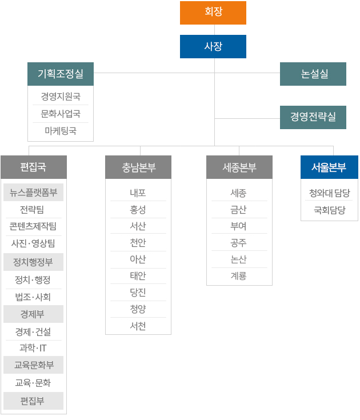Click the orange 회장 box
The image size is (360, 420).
pyautogui.click(x=213, y=13)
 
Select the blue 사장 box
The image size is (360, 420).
pyautogui.click(x=213, y=46)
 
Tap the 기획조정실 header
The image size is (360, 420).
pyautogui.click(x=61, y=74)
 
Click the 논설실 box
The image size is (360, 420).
pyautogui.click(x=313, y=74)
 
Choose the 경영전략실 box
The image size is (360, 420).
pyautogui.click(x=313, y=117)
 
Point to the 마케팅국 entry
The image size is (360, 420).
pyautogui.click(x=61, y=131)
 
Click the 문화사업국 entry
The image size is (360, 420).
pyautogui.click(x=61, y=114)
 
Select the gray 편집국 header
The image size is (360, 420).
pyautogui.click(x=34, y=167)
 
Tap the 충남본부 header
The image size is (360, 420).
pyautogui.click(x=138, y=167)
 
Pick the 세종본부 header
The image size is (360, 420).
pyautogui.click(x=239, y=167)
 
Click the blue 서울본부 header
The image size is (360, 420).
pyautogui.click(x=329, y=167)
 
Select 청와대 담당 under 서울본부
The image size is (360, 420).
pyautogui.click(x=329, y=193)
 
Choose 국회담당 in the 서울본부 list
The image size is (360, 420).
pyautogui.click(x=329, y=210)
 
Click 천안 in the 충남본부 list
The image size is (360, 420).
pyautogui.click(x=138, y=243)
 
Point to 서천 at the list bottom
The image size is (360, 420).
pyautogui.click(x=138, y=326)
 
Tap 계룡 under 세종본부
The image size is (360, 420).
pyautogui.click(x=239, y=276)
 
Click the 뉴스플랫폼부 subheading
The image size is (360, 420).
pyautogui.click(x=34, y=192)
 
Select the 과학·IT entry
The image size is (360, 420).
pyautogui.click(x=33, y=348)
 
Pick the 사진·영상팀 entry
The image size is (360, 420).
pyautogui.click(x=33, y=243)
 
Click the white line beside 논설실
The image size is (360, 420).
pyautogui.click(x=239, y=73)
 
